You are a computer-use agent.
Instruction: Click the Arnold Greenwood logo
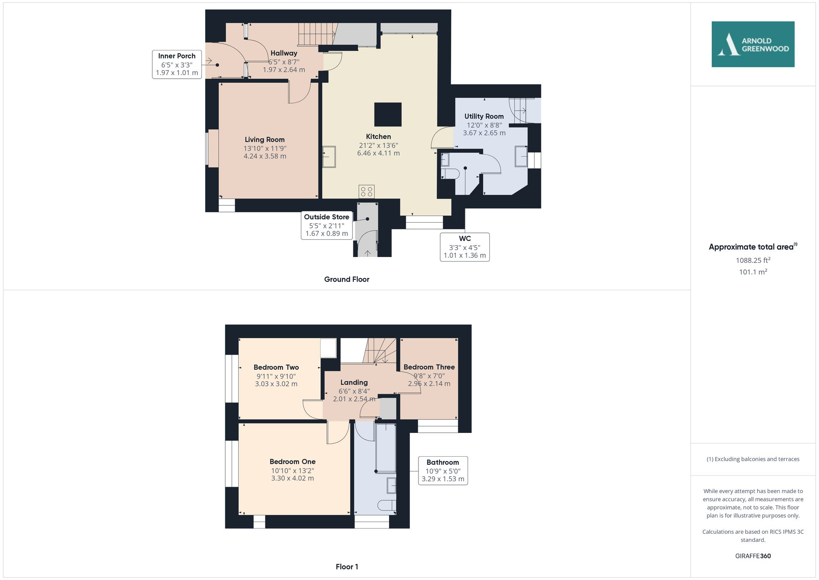point(753,44)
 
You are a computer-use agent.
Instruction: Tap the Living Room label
point(265,140)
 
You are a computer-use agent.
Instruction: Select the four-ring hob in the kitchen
point(367,191)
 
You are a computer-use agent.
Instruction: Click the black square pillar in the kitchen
point(388,114)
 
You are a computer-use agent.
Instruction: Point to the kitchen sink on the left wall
point(329,157)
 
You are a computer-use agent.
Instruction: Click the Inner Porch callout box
point(177,64)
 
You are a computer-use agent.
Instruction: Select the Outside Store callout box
point(326,225)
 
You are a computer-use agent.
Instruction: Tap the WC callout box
point(465,247)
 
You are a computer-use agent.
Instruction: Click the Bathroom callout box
point(443,471)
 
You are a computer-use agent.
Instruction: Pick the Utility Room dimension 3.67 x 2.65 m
point(484,133)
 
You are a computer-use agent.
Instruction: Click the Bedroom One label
point(292,462)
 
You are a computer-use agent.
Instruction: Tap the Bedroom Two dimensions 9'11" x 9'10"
point(276,376)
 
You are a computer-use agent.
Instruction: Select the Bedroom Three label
point(429,367)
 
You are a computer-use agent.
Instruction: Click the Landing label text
point(354,382)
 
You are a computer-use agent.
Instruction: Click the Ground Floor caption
point(346,280)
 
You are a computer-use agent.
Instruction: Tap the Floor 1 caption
point(346,567)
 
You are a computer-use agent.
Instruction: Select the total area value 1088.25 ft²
point(753,260)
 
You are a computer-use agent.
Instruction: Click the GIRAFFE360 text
point(753,556)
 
